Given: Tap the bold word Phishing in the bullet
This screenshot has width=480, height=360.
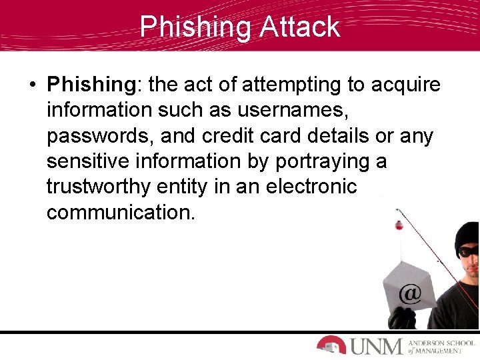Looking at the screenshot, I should tap(91, 85).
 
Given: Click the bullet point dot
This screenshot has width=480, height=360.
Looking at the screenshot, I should tap(32, 85).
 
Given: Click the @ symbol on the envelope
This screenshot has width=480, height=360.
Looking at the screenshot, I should tap(409, 294).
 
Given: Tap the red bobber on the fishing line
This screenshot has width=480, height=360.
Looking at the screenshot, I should tap(399, 225).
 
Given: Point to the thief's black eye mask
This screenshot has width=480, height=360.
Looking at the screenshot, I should tap(468, 252).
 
